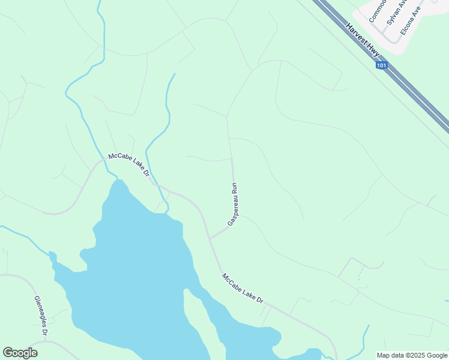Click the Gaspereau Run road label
pyautogui.click(x=234, y=204)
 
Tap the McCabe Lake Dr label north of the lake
pyautogui.click(x=128, y=164)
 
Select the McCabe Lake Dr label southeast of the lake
pyautogui.click(x=243, y=289)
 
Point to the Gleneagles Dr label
pyautogui.click(x=40, y=315)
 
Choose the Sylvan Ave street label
pyautogui.click(x=397, y=12)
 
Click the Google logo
pyautogui.click(x=20, y=353)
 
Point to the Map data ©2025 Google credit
pyautogui.click(x=411, y=355)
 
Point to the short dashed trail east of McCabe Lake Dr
pyautogui.click(x=360, y=274)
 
